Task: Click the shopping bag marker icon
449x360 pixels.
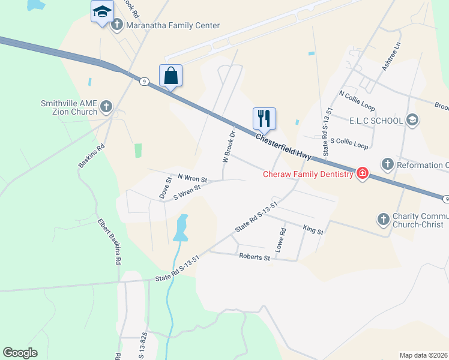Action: coord(170,76)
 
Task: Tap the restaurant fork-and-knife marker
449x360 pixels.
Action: coord(264,119)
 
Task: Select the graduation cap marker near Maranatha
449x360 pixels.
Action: coord(102,11)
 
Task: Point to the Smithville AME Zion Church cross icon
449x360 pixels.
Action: coord(106,107)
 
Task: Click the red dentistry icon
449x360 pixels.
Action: coord(363,175)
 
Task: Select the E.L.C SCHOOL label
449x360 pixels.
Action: coord(376,121)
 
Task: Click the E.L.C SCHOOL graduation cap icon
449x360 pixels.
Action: coord(412,121)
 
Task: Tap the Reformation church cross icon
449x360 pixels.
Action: coord(388,164)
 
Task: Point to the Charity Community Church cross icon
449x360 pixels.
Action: coord(384,220)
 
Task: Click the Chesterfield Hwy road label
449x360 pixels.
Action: coord(283,146)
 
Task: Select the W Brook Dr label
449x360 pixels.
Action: coord(228,148)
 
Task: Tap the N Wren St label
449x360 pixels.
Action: coord(192,179)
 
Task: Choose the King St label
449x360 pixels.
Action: coord(313,230)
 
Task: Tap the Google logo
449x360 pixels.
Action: coord(20,353)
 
